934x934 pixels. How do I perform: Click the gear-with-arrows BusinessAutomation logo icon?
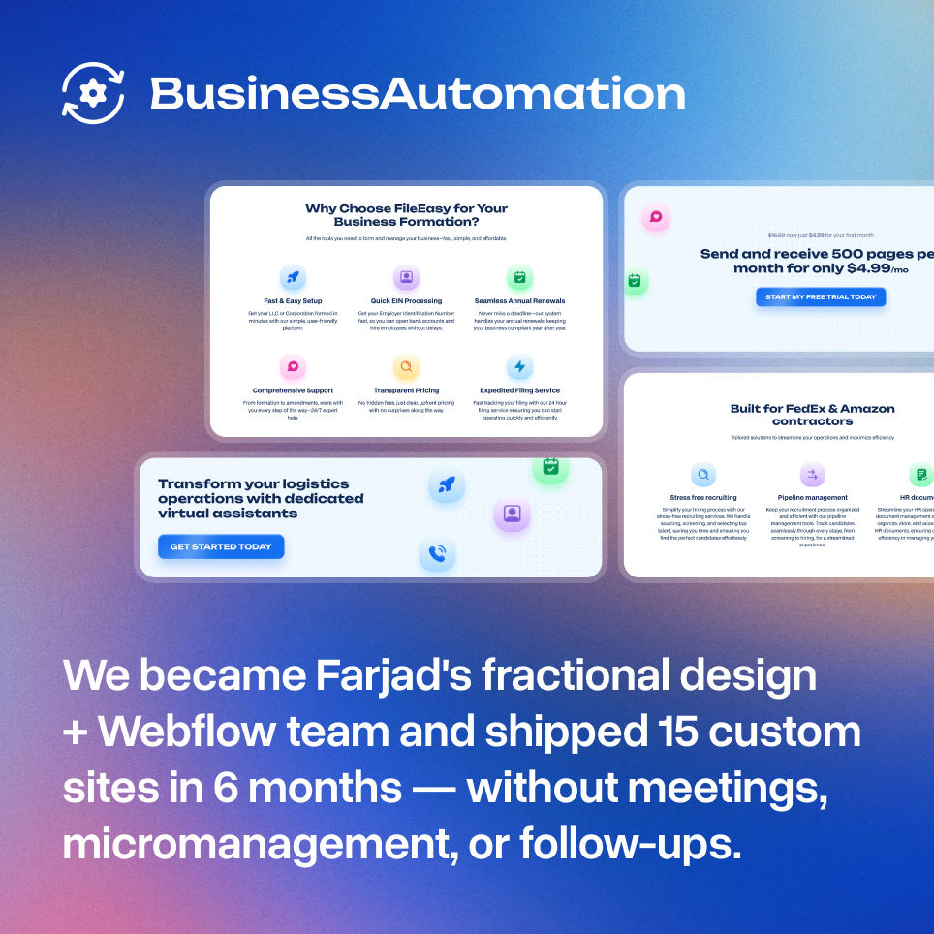93,93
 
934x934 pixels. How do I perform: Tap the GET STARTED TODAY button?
221,547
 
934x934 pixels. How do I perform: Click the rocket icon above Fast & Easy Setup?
293,278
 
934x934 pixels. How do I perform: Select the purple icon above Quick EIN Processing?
406,278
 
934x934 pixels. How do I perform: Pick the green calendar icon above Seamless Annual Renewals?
519,278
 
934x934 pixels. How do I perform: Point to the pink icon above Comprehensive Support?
293,367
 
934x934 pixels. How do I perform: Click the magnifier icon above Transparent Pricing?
406,367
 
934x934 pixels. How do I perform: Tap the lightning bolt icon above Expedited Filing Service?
519,367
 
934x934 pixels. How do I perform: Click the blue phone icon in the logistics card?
437,554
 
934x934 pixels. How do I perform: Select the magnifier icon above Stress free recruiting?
703,475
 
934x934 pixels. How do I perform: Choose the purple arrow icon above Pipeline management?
812,475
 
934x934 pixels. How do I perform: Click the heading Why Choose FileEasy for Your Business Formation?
406,215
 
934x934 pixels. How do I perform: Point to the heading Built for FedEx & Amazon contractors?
812,415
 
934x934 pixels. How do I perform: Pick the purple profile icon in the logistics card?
512,514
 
